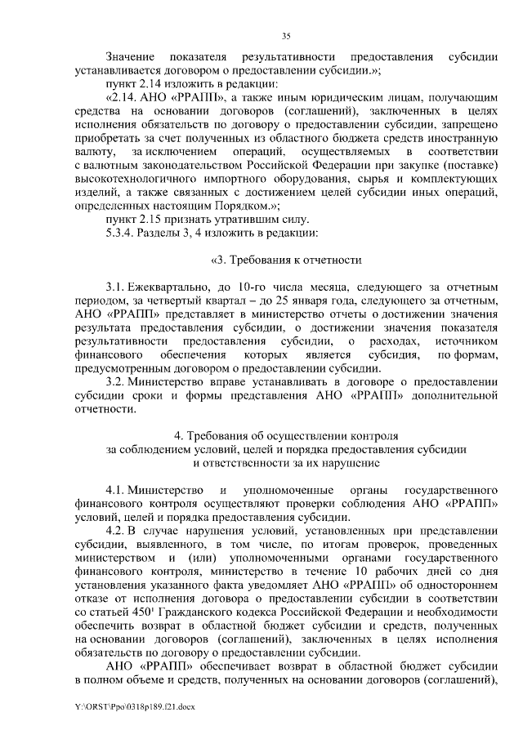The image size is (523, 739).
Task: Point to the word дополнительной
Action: tap(450, 397)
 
